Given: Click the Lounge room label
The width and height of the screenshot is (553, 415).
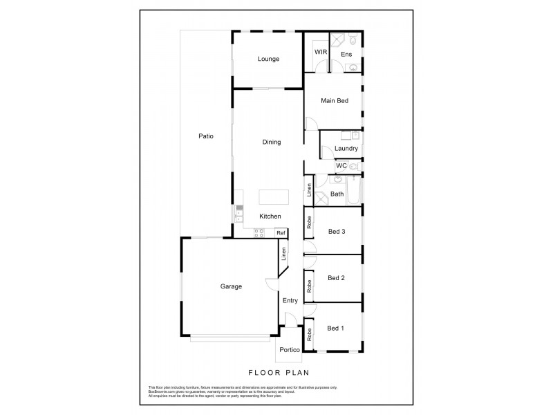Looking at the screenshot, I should [268, 59].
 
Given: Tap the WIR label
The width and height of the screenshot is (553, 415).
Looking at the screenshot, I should [321, 52].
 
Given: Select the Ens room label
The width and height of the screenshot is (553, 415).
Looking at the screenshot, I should [346, 54].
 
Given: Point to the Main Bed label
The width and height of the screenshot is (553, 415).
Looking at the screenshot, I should [334, 101].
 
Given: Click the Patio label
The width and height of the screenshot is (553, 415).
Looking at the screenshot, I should [205, 136].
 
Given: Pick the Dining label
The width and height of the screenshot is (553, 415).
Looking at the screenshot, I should [272, 142].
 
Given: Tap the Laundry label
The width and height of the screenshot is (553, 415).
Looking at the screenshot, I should [346, 148].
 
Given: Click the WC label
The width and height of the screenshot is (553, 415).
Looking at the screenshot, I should [341, 166].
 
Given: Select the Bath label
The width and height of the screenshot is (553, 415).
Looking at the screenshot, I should [337, 194].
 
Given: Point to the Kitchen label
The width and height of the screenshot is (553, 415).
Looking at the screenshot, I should [270, 216].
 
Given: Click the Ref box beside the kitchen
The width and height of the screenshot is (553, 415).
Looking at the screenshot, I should [281, 233].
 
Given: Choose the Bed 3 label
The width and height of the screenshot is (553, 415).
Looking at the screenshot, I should [336, 231].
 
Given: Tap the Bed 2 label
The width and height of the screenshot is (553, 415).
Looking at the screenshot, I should [336, 278].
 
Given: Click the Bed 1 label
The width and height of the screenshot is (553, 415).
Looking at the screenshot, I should [336, 328].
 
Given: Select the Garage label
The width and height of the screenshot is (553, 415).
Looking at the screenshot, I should [231, 286].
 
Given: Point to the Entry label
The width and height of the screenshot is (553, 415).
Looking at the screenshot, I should [290, 299].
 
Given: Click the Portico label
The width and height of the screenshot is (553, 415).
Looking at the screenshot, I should [289, 350].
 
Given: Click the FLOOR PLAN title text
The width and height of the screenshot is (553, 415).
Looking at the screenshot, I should [276, 373].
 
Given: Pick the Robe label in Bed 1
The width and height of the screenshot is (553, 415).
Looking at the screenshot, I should [310, 335].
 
